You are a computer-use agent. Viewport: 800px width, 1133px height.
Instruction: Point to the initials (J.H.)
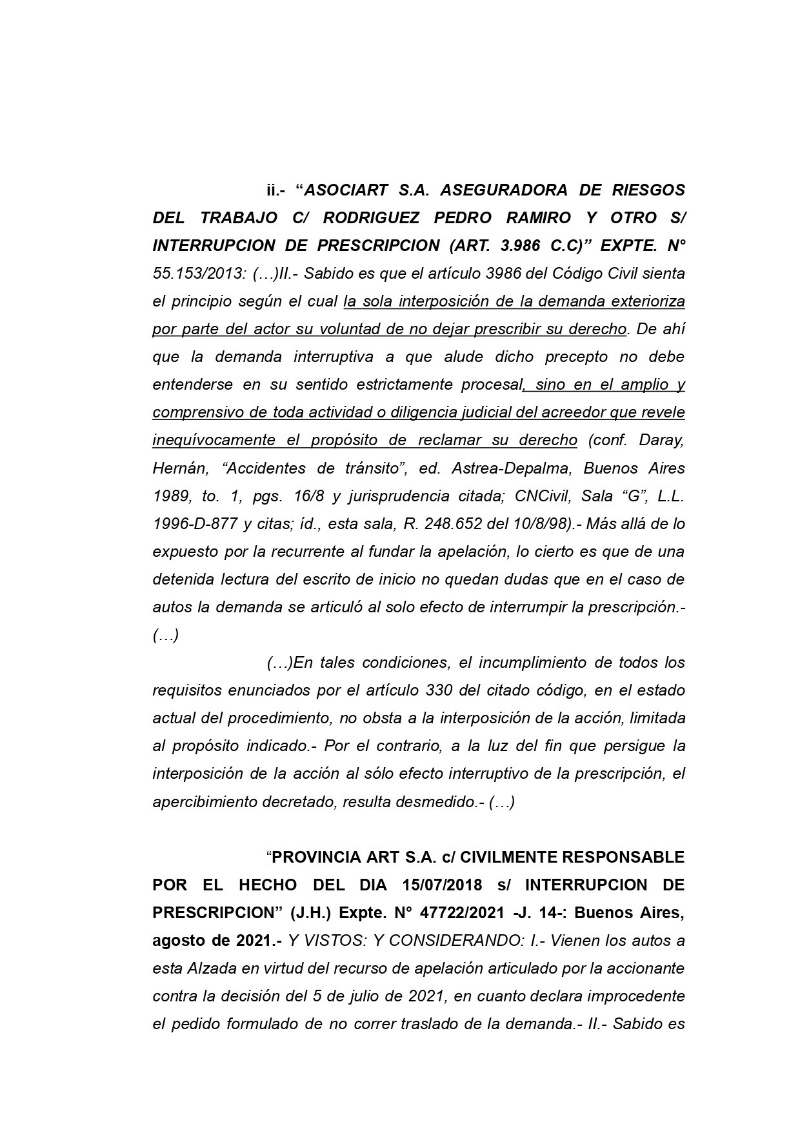click(x=312, y=913)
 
